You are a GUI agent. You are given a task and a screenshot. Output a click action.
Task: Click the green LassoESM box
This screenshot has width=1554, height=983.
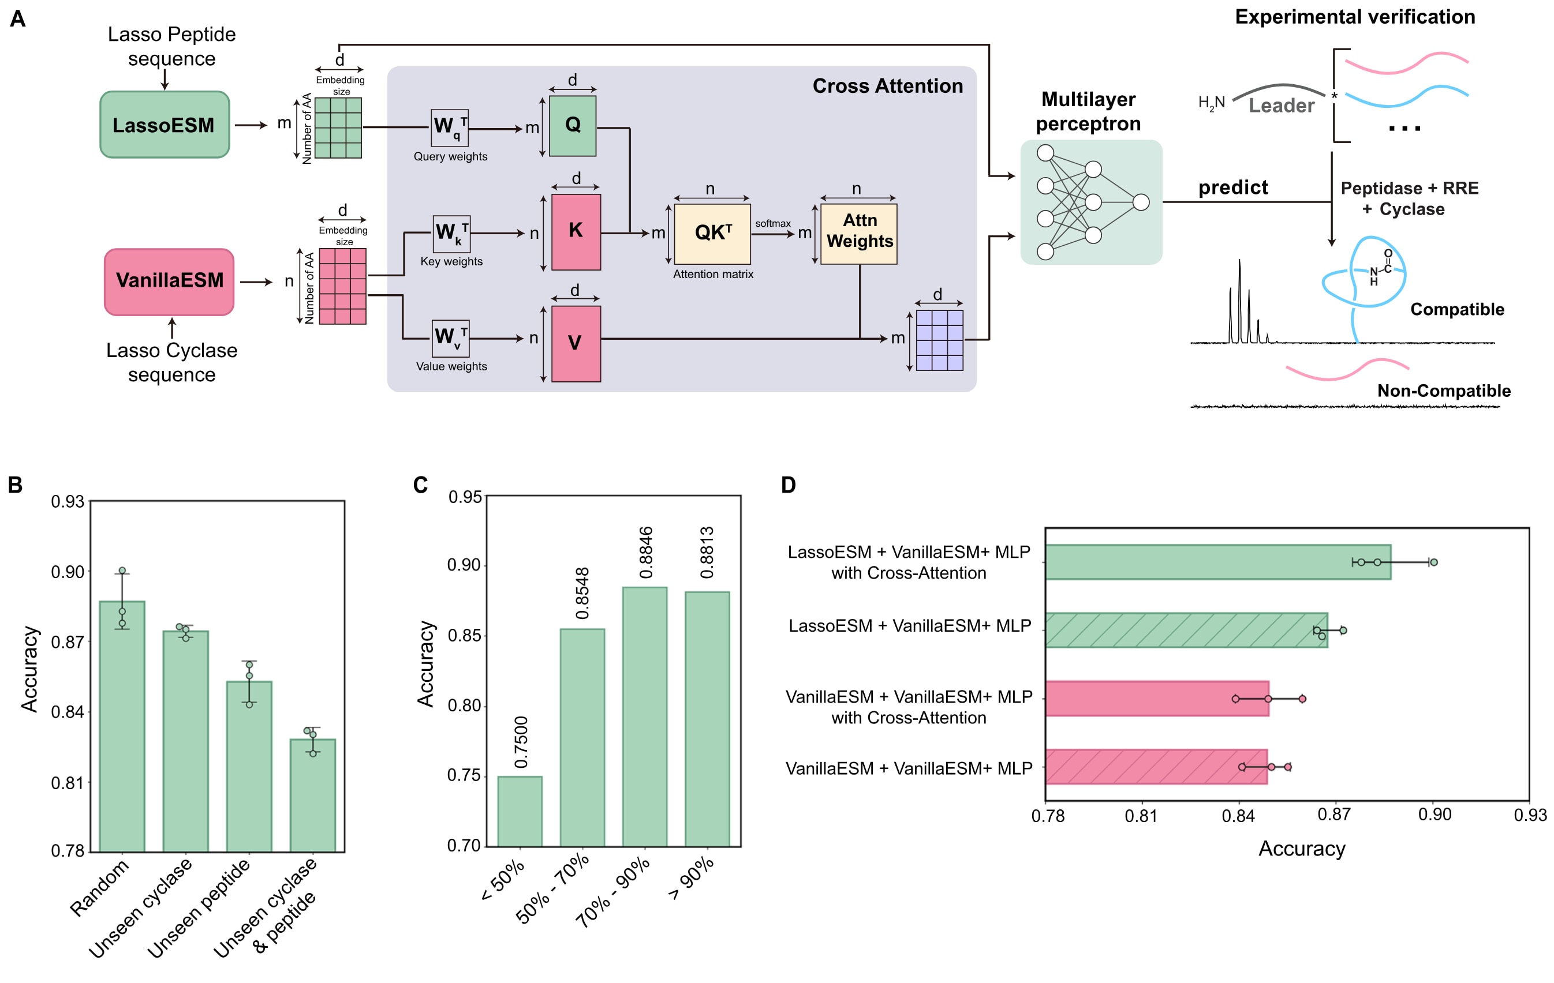[165, 125]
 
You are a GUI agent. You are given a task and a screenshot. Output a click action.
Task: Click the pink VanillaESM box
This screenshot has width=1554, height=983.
[169, 282]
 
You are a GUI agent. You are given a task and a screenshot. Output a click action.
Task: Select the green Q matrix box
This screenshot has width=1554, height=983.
[573, 126]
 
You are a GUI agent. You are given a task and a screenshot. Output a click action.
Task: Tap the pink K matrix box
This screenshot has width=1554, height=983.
[576, 231]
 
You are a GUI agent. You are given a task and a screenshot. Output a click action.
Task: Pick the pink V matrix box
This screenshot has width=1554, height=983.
[576, 344]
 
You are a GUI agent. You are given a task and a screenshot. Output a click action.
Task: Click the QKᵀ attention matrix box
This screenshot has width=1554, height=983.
[712, 234]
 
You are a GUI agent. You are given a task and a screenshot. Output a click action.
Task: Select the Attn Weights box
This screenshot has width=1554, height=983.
[859, 234]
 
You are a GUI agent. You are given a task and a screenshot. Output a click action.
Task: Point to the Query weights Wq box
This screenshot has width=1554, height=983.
[450, 127]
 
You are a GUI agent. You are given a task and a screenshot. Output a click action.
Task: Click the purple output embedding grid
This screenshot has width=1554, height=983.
[940, 340]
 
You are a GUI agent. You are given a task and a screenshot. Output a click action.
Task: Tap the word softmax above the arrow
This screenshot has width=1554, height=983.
[772, 223]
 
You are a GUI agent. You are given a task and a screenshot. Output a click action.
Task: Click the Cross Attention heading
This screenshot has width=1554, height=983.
[887, 86]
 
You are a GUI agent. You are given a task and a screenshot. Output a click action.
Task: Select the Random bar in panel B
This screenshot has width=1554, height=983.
[122, 726]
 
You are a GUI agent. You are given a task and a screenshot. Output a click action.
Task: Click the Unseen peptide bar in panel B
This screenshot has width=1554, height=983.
[249, 766]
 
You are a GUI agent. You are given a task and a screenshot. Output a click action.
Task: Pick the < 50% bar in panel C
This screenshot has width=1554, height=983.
[520, 812]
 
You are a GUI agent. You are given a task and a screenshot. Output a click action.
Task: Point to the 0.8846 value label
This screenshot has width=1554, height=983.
[646, 553]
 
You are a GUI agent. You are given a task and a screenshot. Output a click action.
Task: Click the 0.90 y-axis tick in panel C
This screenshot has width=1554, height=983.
[464, 565]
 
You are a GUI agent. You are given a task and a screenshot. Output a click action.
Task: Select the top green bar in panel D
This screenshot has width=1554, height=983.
[1218, 562]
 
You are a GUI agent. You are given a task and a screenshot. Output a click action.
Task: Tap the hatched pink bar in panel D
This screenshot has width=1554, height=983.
[1156, 767]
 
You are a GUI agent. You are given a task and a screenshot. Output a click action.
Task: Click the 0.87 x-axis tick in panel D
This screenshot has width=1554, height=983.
[1334, 815]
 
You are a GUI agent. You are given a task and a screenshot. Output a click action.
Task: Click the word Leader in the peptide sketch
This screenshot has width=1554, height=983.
[1281, 105]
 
